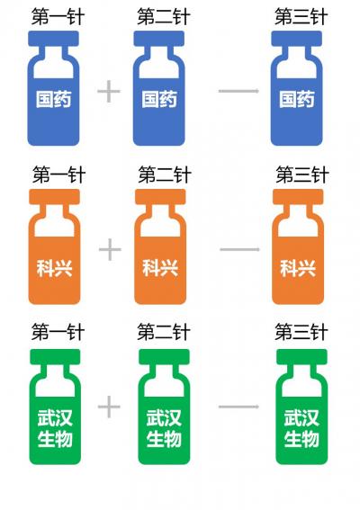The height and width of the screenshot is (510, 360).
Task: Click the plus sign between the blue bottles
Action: (x=109, y=91)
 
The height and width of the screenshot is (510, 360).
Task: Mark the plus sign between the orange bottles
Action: (x=110, y=249)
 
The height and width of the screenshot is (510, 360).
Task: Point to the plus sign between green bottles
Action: (x=109, y=407)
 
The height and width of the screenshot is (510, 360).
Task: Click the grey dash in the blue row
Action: (x=238, y=91)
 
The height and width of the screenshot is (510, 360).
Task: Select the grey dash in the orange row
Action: (x=240, y=249)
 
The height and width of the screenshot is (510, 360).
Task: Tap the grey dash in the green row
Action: (x=238, y=407)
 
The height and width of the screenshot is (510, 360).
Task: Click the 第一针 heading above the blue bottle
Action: (x=58, y=16)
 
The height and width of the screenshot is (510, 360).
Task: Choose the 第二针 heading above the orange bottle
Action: (x=165, y=174)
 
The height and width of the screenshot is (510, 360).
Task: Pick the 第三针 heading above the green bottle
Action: (x=301, y=332)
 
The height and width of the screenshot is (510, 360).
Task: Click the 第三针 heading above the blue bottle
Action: (x=301, y=16)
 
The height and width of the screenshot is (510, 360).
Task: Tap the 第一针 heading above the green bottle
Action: (x=58, y=332)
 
